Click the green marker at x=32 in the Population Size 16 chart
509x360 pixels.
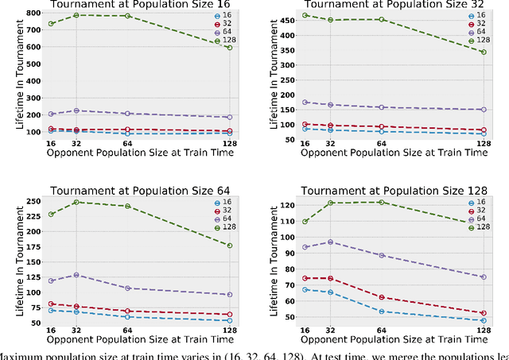point(76,15)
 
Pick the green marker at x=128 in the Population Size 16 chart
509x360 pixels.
point(229,48)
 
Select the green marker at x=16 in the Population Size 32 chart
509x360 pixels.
point(305,15)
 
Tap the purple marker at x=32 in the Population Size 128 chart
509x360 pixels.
point(330,242)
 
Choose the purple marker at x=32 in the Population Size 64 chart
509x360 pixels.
point(76,275)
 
